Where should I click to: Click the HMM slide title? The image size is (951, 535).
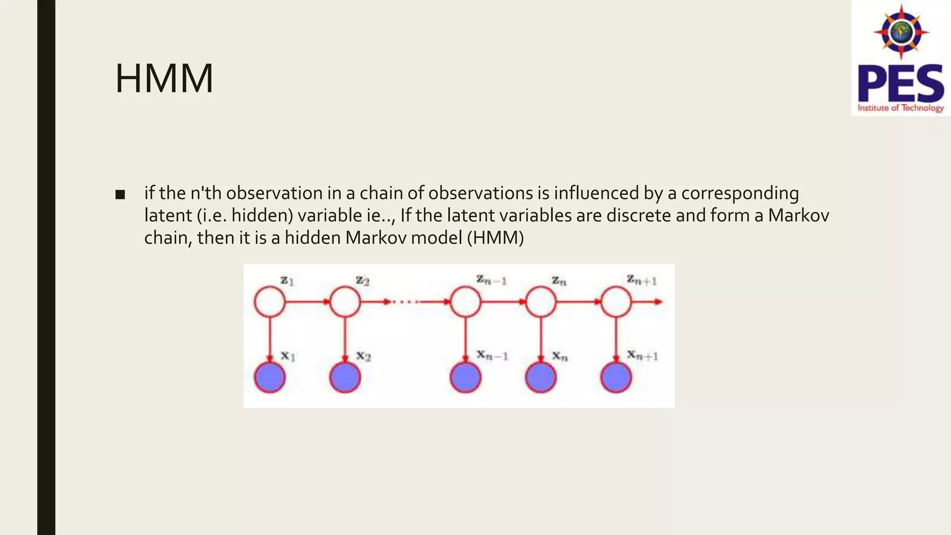pyautogui.click(x=164, y=78)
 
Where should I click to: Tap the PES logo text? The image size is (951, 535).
pyautogui.click(x=900, y=84)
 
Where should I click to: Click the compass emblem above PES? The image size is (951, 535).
pyautogui.click(x=901, y=32)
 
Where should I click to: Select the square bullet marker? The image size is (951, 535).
pyautogui.click(x=120, y=195)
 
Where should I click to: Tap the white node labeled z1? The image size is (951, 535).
pyautogui.click(x=270, y=302)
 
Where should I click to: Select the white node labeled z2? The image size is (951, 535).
pyautogui.click(x=345, y=302)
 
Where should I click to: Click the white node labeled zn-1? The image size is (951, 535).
pyautogui.click(x=465, y=302)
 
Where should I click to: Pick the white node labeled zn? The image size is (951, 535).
pyautogui.click(x=541, y=302)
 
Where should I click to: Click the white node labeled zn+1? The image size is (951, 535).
pyautogui.click(x=616, y=302)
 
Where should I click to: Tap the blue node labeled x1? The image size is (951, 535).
pyautogui.click(x=270, y=378)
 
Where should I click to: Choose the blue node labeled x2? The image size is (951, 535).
pyautogui.click(x=345, y=378)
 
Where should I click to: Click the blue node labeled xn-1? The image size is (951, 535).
pyautogui.click(x=465, y=378)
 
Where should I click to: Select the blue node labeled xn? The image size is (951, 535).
pyautogui.click(x=541, y=378)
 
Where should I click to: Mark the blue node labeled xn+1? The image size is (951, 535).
pyautogui.click(x=616, y=378)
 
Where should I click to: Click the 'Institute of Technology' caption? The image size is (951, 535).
pyautogui.click(x=900, y=108)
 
